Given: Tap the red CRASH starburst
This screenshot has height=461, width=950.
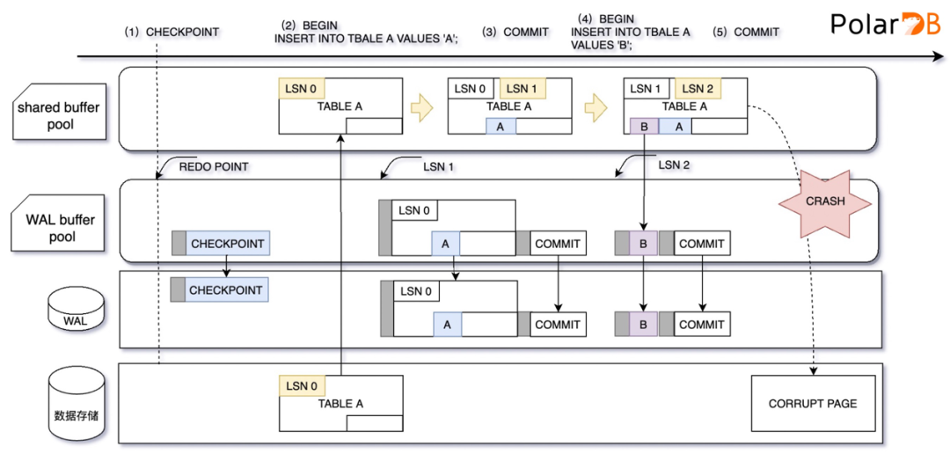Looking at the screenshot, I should coord(825,201).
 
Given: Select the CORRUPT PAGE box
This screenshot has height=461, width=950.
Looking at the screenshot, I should coord(813,404).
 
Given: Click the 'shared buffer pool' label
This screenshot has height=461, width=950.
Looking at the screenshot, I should coord(58,115).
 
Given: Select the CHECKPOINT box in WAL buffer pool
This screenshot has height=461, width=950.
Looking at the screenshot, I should coord(220,243).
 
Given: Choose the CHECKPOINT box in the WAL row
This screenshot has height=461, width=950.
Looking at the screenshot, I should coord(220,289).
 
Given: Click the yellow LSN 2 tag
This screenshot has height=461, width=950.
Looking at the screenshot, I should coord(698,88).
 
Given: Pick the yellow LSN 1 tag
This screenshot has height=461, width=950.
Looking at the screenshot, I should coord(522,88).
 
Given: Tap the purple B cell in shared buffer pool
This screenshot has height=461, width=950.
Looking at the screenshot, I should coord(644,126).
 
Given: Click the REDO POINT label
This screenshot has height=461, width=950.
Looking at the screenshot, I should coord(214,165).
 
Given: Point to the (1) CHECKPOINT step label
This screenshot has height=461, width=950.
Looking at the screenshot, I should coord(172,32).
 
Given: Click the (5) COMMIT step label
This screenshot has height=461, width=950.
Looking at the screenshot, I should coord(746,32).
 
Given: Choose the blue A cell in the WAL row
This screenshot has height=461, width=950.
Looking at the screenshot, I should coord(447,325).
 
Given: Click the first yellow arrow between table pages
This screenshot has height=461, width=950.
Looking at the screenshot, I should coord(424,107).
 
